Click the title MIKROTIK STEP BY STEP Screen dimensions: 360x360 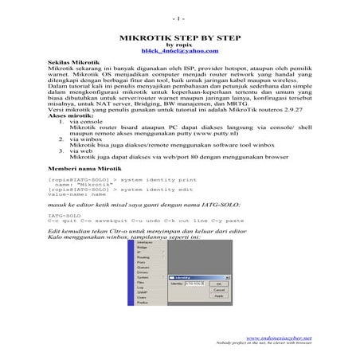point(179,37)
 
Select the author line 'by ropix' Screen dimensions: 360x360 point(179,44)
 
